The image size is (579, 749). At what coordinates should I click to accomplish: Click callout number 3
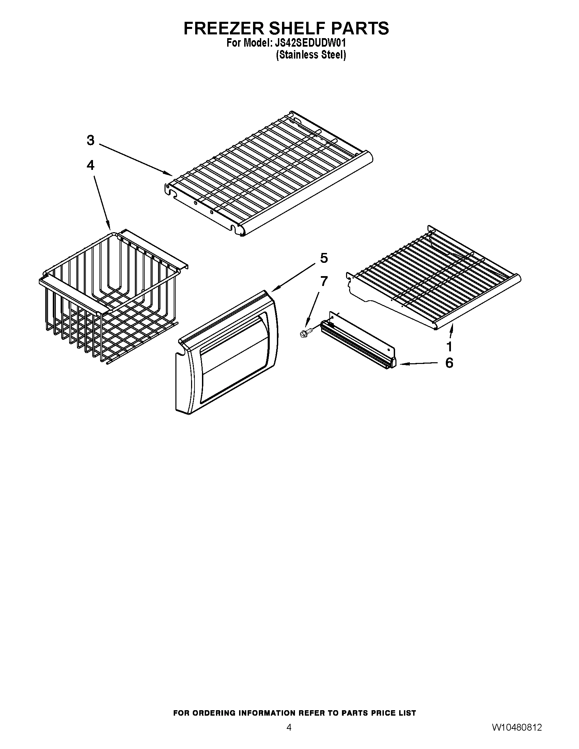(x=90, y=140)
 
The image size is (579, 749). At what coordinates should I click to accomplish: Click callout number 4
(x=90, y=165)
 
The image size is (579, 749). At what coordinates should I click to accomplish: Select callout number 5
(x=324, y=258)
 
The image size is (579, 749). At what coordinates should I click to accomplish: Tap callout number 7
(x=324, y=281)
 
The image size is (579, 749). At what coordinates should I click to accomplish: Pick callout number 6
(x=449, y=363)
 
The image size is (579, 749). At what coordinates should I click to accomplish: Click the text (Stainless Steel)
(x=311, y=55)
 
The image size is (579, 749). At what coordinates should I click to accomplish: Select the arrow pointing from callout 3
(x=136, y=159)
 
